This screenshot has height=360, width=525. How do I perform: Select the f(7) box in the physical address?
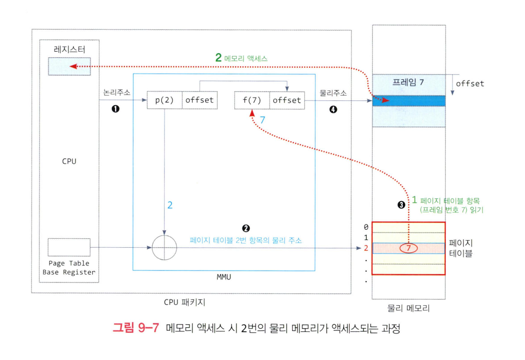pyautogui.click(x=251, y=100)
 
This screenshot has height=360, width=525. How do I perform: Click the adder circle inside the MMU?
pyautogui.click(x=164, y=247)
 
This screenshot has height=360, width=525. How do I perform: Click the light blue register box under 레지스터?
pyautogui.click(x=69, y=66)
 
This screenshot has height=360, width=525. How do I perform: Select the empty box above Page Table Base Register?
pyautogui.click(x=69, y=247)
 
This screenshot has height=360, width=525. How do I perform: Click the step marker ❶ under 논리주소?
pyautogui.click(x=115, y=109)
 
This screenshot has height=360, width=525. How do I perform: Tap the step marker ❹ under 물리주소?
pyautogui.click(x=333, y=109)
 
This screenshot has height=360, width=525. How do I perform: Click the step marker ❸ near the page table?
pyautogui.click(x=401, y=205)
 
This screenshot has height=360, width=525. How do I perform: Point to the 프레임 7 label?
pyautogui.click(x=408, y=82)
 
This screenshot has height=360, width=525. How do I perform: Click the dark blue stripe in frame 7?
pyautogui.click(x=408, y=101)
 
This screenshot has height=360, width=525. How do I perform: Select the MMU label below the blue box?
pyautogui.click(x=224, y=277)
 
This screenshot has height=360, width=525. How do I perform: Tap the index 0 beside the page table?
pyautogui.click(x=366, y=227)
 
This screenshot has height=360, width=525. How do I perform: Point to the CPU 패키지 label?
pyautogui.click(x=185, y=303)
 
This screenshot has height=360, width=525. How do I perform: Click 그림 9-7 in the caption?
pyautogui.click(x=136, y=329)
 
